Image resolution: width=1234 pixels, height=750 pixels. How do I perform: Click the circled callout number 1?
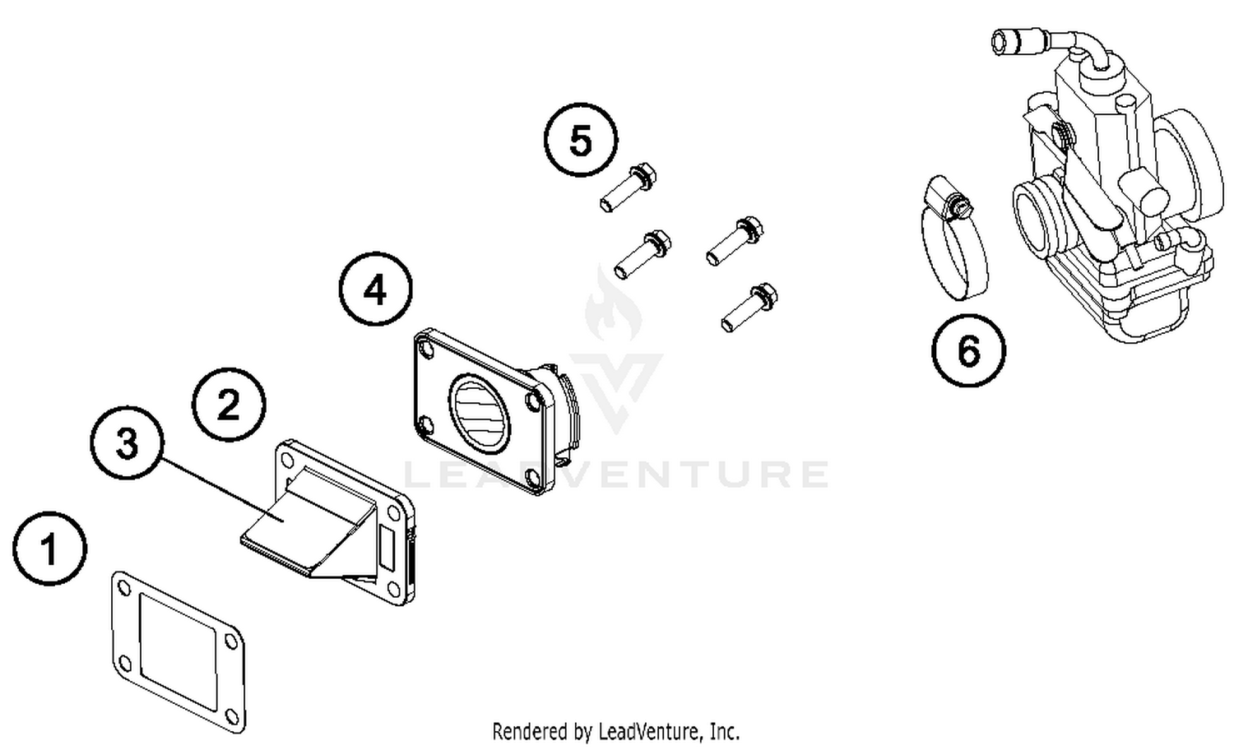pos(49,549)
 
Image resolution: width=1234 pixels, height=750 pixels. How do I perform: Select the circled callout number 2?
pos(229,405)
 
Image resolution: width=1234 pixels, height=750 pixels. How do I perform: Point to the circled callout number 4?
pos(376,289)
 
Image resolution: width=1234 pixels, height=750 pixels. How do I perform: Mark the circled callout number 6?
pos(968,351)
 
